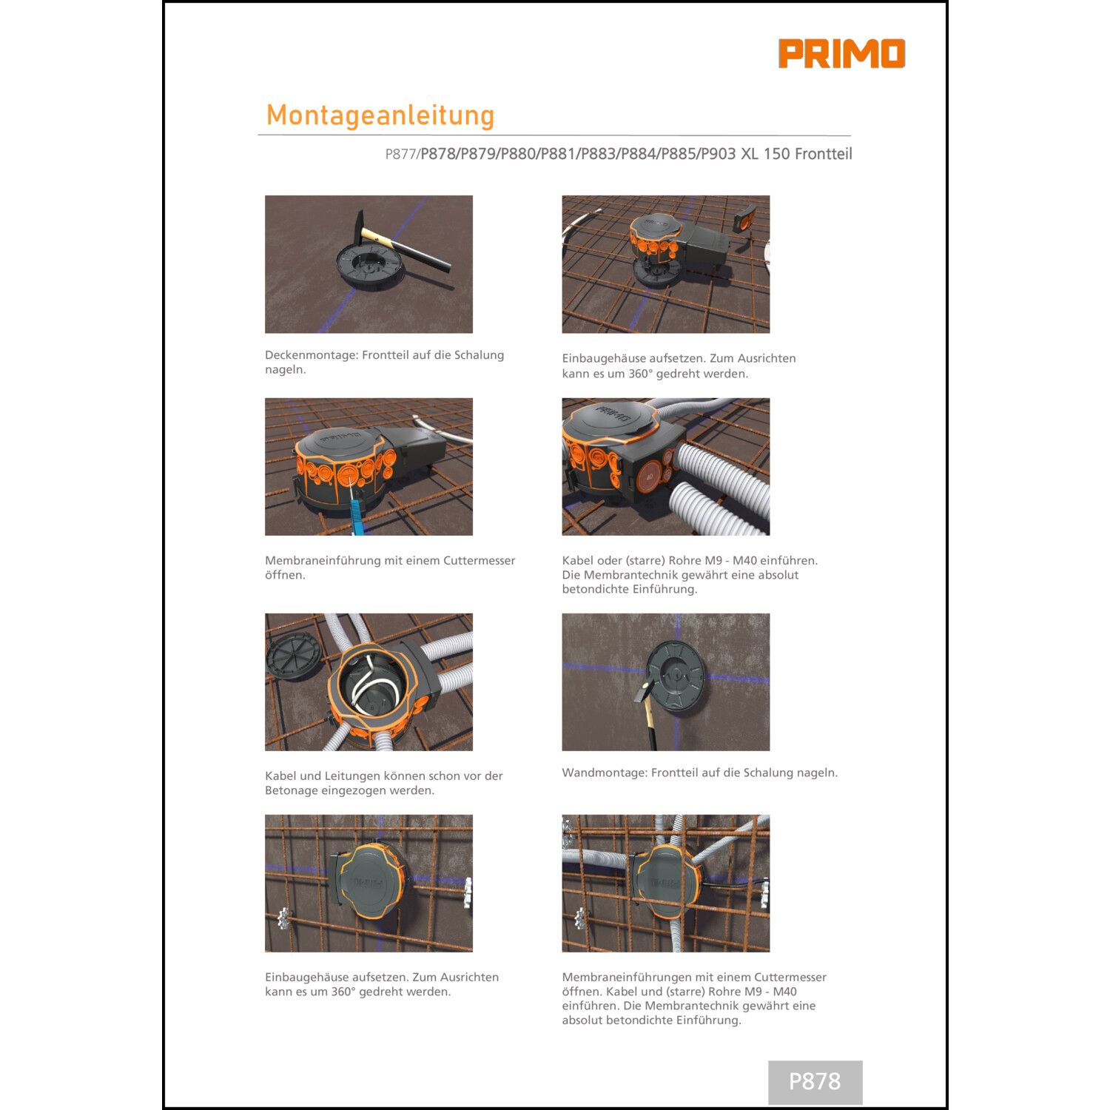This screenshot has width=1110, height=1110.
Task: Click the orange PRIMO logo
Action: (841, 53)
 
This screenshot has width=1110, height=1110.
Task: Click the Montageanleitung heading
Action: (380, 115)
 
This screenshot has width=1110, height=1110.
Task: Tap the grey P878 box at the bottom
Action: (815, 1082)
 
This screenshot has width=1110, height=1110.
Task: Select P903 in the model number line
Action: (718, 154)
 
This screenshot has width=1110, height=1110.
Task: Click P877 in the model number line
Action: (400, 154)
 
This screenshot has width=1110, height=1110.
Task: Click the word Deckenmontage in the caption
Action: (311, 355)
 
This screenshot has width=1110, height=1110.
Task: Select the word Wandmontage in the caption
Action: (604, 773)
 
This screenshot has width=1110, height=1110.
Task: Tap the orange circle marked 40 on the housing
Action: (649, 477)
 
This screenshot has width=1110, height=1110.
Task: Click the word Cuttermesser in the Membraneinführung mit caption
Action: (479, 561)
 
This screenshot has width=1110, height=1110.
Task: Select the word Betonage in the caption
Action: (290, 790)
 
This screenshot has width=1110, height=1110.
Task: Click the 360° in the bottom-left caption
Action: (343, 992)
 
